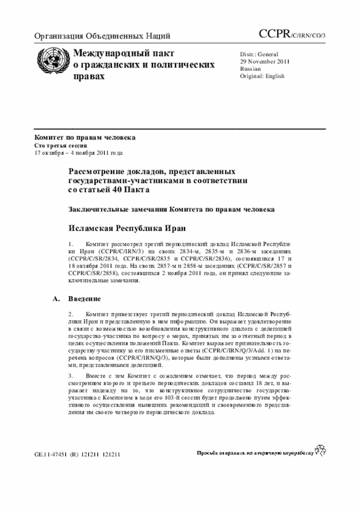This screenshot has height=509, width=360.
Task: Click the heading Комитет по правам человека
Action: coord(84,138)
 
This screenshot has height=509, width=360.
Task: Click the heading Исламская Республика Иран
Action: coord(127,228)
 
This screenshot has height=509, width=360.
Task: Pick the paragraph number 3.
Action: coord(71,375)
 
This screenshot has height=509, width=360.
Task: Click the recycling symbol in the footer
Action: coord(321,450)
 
